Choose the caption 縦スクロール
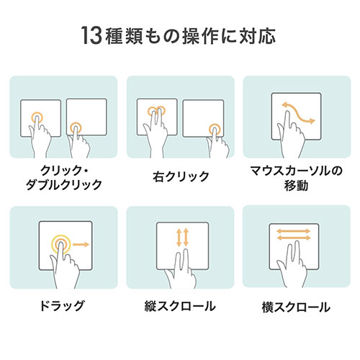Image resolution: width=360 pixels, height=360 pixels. (x=181, y=306)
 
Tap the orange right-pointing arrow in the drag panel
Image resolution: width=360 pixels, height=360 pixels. (x=81, y=246)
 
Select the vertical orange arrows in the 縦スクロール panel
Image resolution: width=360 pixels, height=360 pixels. (x=181, y=238)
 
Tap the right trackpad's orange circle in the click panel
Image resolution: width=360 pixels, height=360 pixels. (x=76, y=128)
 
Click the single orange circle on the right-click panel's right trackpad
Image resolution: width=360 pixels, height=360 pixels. (x=215, y=129)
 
